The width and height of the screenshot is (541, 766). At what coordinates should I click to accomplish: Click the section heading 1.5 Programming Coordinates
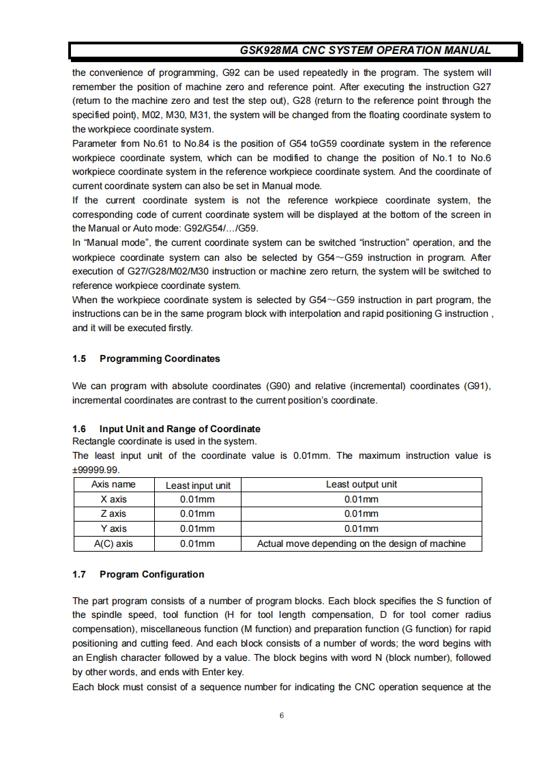coord(146,358)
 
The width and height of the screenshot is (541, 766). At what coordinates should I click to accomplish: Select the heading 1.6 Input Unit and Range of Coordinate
coord(166,429)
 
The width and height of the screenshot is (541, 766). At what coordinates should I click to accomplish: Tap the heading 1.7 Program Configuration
coord(138,574)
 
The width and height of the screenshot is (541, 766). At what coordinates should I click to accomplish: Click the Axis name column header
coord(113,485)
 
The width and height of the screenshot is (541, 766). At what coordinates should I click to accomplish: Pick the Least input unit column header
coord(198,485)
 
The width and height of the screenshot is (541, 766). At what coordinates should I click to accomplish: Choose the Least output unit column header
coord(361,485)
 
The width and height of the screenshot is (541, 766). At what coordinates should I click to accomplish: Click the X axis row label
coord(113,499)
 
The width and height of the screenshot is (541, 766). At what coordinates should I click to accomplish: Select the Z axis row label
coord(113,514)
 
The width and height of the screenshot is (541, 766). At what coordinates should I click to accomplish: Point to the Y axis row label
coord(113,529)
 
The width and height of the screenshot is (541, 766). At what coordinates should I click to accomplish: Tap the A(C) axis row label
coord(113,544)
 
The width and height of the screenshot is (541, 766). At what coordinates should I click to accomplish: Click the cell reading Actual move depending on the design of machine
coord(361,544)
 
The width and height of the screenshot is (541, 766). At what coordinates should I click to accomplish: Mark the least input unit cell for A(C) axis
coord(197,544)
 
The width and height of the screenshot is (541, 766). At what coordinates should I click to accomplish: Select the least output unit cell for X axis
coord(361,499)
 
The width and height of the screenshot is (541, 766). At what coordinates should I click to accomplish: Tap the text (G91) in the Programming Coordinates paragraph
coord(477,386)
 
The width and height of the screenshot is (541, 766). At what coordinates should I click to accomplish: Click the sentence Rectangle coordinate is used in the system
coord(164,442)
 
